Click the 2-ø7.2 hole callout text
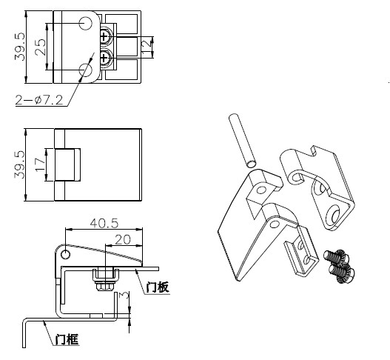[x=39, y=100]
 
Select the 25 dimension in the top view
[x=40, y=47]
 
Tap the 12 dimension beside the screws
[x=147, y=44]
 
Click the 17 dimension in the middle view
[x=40, y=164]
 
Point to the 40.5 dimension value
[x=104, y=223]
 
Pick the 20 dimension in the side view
[x=123, y=240]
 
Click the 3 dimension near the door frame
[x=124, y=296]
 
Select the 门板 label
[x=158, y=287]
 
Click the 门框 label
[x=67, y=339]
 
